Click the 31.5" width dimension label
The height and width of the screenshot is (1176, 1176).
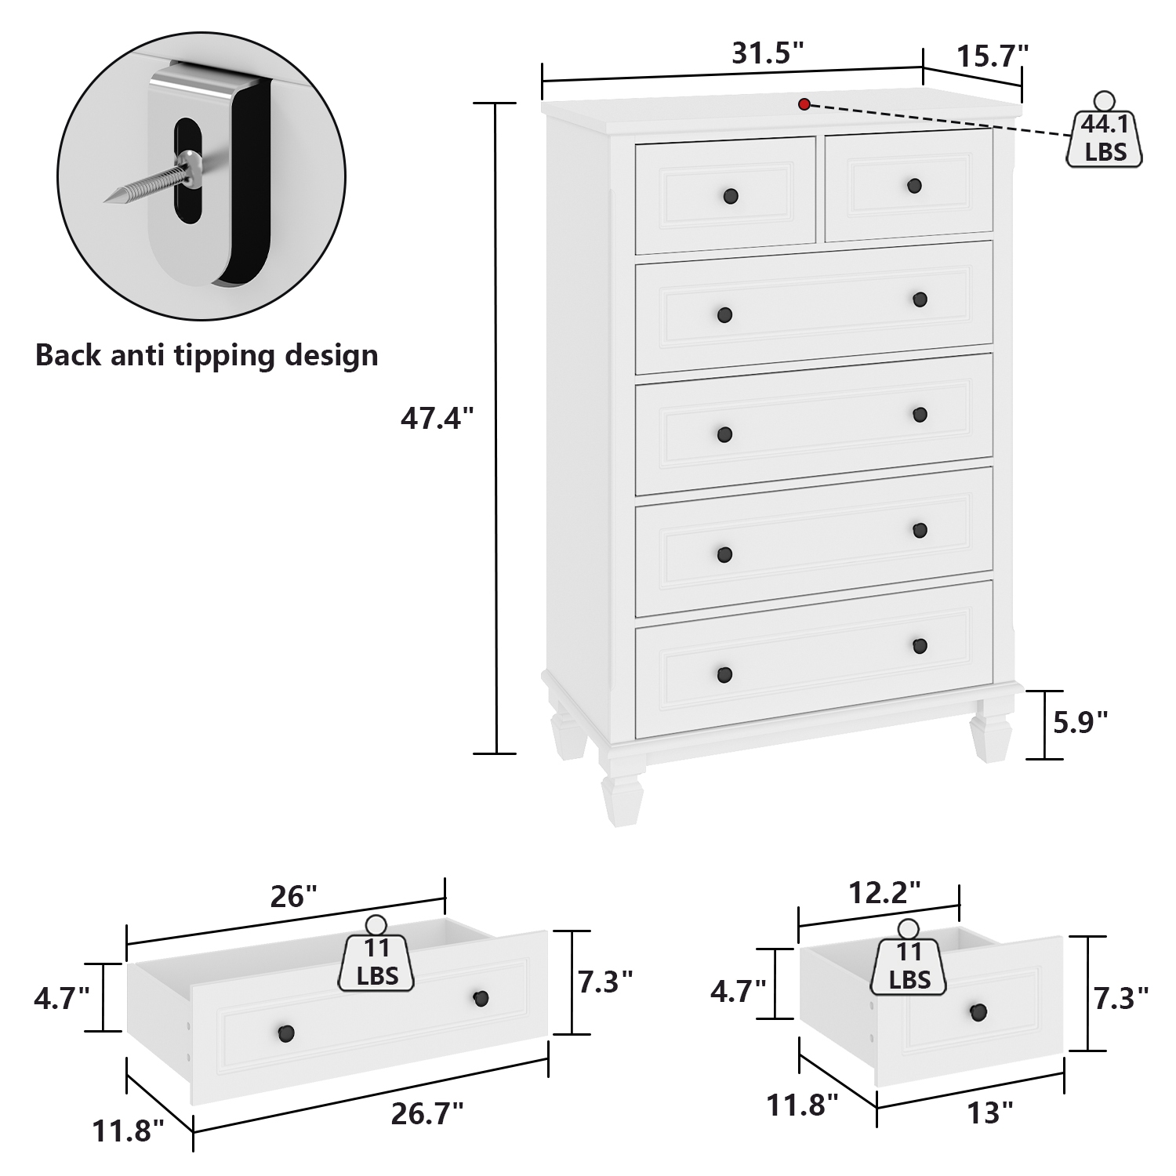coord(768,53)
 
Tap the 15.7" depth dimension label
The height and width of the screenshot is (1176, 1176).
coord(992,56)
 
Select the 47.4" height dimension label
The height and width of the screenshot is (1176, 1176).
coord(437,419)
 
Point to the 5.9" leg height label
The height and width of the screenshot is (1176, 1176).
coord(1080,721)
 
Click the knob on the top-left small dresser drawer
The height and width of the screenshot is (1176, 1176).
coord(731,195)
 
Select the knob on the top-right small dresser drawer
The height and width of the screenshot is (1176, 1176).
coord(914,186)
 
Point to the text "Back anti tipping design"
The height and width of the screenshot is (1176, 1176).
coord(207,355)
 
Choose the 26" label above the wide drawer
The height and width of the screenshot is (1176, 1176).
coord(293,895)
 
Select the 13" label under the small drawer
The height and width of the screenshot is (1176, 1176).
coord(990,1112)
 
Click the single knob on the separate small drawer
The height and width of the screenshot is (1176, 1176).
coord(978,1011)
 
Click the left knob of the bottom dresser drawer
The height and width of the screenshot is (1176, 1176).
coord(724,674)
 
